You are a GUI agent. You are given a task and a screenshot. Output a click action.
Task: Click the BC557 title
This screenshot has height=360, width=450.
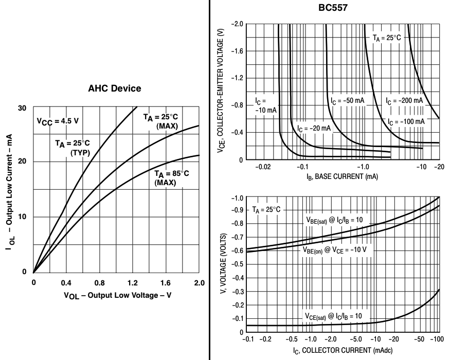[x=329, y=9]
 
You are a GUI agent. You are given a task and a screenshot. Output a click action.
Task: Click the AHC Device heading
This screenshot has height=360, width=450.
[x=114, y=88]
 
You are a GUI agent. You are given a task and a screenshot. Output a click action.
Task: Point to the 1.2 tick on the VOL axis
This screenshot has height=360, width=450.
[x=133, y=282]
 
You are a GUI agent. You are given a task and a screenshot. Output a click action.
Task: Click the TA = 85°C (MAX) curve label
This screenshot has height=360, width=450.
[x=172, y=178]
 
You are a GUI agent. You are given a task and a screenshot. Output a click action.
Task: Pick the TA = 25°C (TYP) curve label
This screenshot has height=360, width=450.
[x=73, y=148]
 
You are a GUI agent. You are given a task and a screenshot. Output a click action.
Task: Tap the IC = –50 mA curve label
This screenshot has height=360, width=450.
[x=347, y=100]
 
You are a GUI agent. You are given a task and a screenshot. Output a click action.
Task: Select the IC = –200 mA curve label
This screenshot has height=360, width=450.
[x=404, y=100]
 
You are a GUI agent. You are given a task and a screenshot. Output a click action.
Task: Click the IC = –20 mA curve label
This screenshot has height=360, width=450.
[x=314, y=128]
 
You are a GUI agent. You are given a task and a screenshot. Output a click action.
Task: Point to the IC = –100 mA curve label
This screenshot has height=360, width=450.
[x=406, y=121]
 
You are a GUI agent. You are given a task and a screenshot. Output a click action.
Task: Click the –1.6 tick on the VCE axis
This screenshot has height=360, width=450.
[x=237, y=51]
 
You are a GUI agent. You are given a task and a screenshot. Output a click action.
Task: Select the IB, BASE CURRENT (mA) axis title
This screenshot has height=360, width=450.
[x=344, y=177]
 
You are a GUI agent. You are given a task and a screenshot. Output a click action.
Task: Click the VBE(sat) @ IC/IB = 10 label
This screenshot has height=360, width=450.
[x=334, y=220]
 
